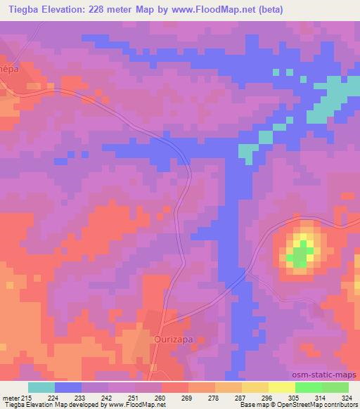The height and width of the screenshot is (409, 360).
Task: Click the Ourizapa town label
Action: (171, 338)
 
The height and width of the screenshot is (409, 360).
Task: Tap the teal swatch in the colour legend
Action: (41, 387)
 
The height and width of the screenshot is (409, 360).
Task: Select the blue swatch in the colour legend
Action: (68, 387)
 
